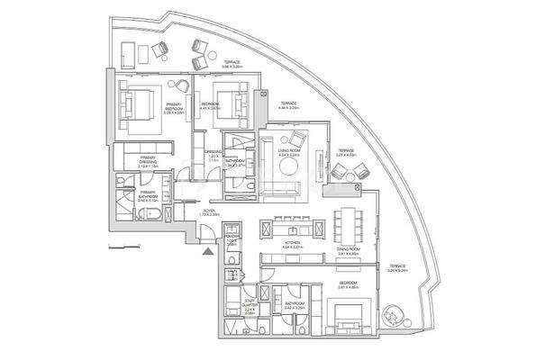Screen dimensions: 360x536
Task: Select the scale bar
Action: (x=119, y=245)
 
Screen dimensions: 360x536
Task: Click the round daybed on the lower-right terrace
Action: (x=393, y=315)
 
